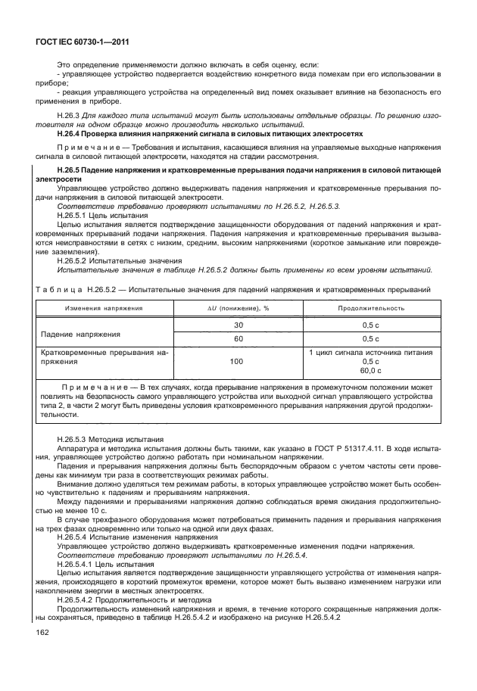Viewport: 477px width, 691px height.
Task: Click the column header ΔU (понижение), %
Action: point(238,308)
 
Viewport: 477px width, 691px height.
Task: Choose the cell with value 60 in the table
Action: point(238,338)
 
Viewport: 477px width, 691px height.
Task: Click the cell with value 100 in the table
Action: point(238,362)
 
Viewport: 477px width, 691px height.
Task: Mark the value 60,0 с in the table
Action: point(370,371)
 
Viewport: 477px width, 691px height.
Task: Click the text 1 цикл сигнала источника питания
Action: point(370,352)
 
